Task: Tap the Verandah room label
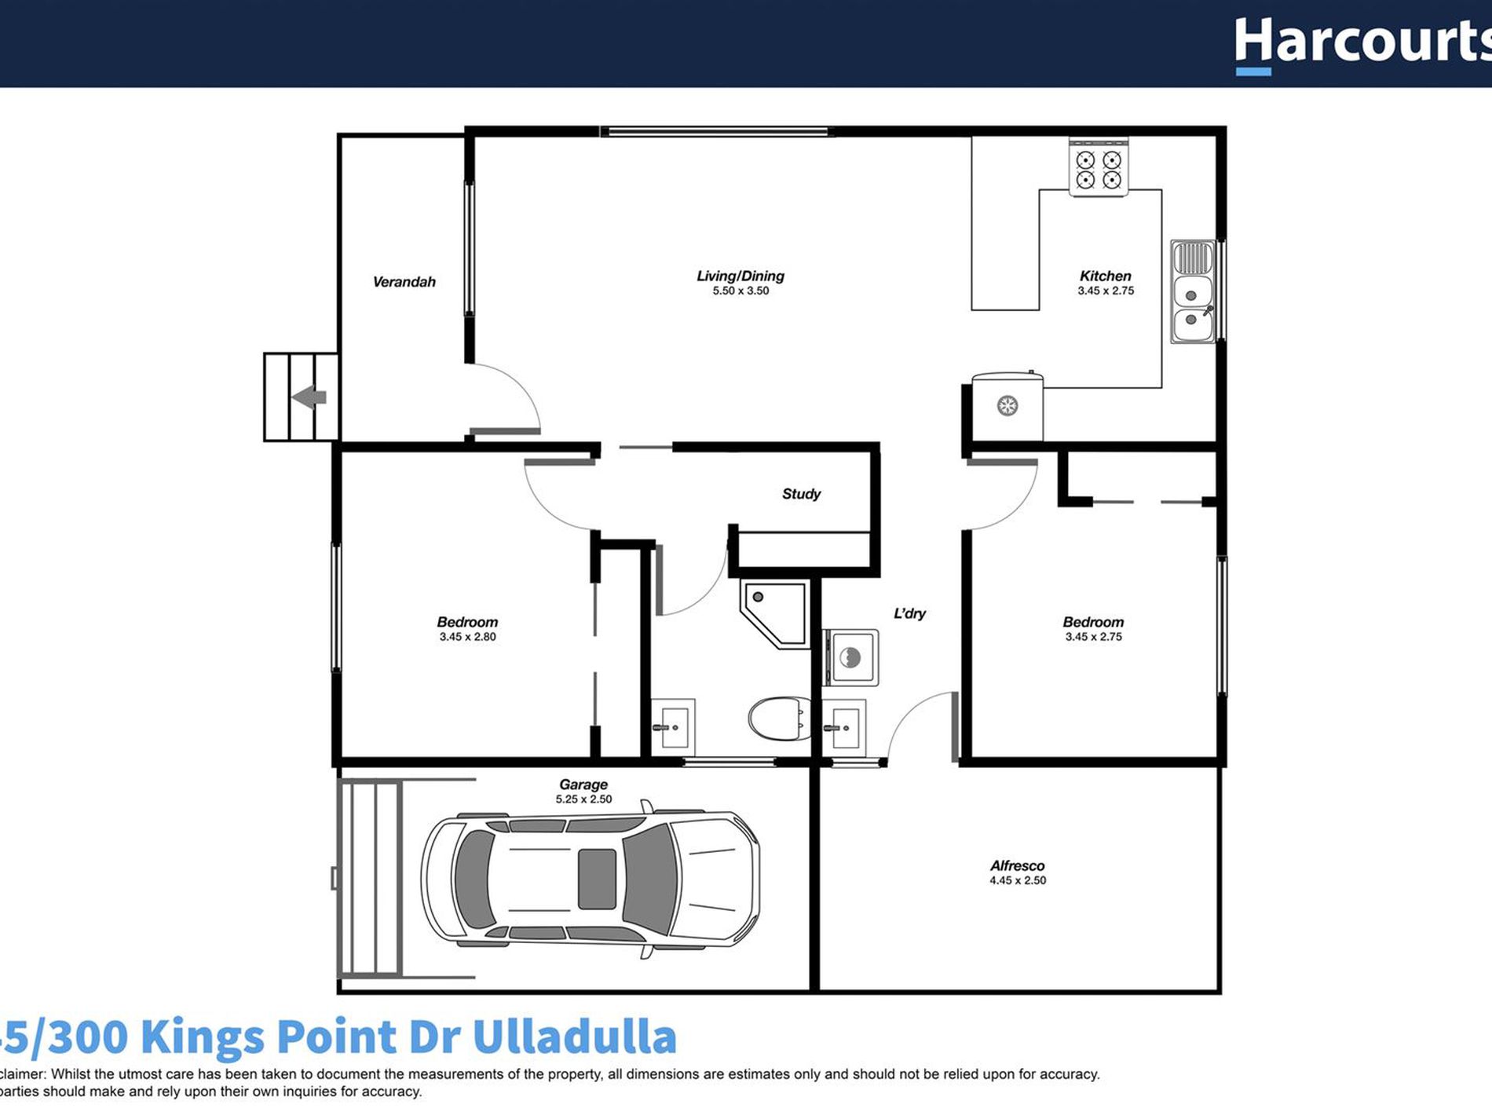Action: click(x=404, y=282)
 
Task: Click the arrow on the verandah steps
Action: click(x=309, y=397)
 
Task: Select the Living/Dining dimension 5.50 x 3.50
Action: click(x=741, y=291)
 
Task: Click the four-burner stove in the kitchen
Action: click(x=1098, y=169)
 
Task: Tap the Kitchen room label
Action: click(x=1105, y=276)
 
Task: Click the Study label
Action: click(x=801, y=494)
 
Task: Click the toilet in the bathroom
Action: click(x=778, y=719)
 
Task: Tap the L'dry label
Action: click(x=909, y=613)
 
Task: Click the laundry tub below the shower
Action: click(x=851, y=656)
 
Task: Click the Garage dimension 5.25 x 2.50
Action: click(x=583, y=799)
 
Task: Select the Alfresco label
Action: click(x=1017, y=865)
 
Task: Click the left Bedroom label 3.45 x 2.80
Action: click(x=467, y=629)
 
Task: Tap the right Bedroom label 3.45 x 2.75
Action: click(x=1093, y=629)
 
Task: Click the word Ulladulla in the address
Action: click(x=574, y=1037)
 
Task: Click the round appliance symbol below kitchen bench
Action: click(x=1007, y=406)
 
